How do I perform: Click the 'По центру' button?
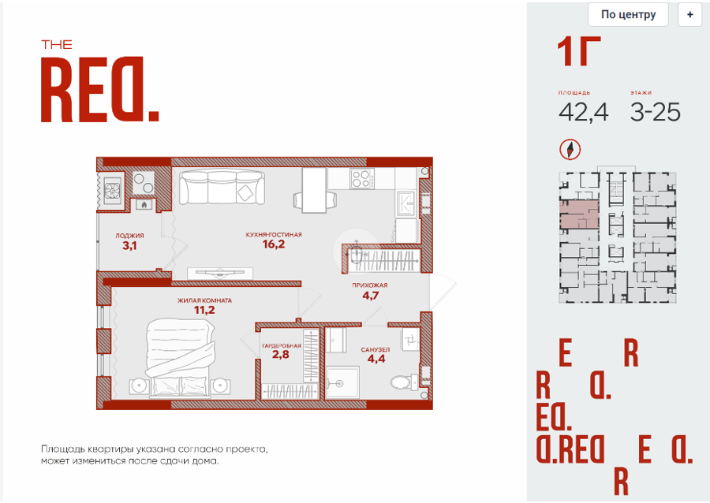(628, 14)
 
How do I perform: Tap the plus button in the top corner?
(689, 14)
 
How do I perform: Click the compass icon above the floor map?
(570, 149)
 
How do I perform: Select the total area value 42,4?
(583, 112)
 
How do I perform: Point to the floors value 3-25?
(656, 112)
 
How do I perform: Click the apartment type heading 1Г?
(578, 51)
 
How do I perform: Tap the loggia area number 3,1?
(129, 246)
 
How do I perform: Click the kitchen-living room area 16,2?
(274, 244)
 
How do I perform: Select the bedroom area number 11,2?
(204, 310)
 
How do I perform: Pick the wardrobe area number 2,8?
(280, 354)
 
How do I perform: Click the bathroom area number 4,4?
(376, 359)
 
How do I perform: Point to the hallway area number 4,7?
(371, 296)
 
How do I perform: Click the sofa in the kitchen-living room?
(222, 187)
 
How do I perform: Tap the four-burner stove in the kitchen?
(362, 178)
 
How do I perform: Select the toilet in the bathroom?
(403, 381)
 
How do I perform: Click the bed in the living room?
(180, 357)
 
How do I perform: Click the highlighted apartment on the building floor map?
(579, 214)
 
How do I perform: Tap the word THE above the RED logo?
(57, 45)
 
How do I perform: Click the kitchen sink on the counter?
(405, 203)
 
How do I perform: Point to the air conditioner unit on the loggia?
(112, 190)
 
